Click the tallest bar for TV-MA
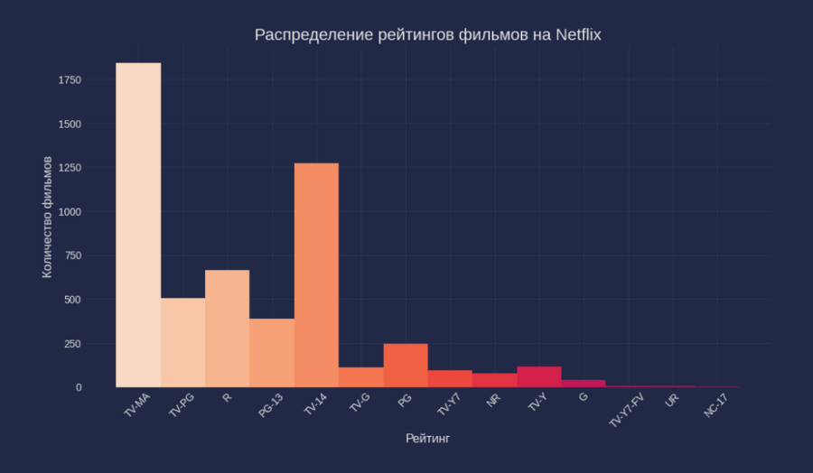click(x=138, y=226)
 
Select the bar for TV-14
click(x=316, y=275)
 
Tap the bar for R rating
click(x=227, y=329)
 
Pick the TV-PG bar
click(x=182, y=343)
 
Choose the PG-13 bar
click(x=272, y=353)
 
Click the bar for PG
click(x=406, y=366)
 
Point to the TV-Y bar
click(x=539, y=377)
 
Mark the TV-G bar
click(x=361, y=377)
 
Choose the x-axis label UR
click(x=671, y=400)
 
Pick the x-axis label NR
click(x=493, y=400)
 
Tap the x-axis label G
click(x=584, y=397)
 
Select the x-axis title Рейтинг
click(x=427, y=439)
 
